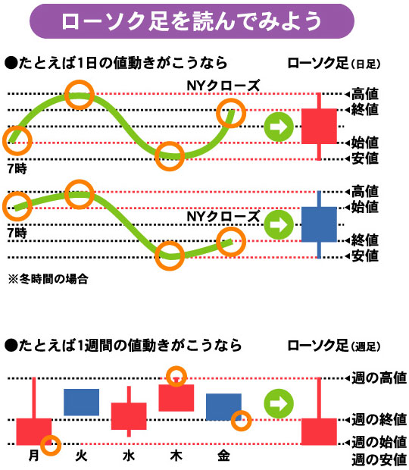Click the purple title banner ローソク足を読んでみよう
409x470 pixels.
click(x=192, y=21)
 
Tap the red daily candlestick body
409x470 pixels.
click(x=319, y=126)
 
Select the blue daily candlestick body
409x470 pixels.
click(x=319, y=224)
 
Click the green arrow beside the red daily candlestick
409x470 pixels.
click(x=279, y=127)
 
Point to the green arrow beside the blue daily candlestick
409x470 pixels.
click(x=279, y=225)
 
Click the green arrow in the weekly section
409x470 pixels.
click(x=279, y=403)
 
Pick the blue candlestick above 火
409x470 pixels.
click(x=82, y=403)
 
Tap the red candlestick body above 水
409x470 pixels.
click(x=129, y=416)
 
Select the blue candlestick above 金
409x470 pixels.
click(x=223, y=407)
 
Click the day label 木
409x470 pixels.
click(x=176, y=456)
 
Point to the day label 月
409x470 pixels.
click(x=33, y=456)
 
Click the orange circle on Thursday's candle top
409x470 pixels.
click(x=176, y=377)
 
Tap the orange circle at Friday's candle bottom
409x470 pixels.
click(x=242, y=420)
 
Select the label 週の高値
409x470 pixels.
click(x=379, y=378)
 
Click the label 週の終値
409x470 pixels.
click(x=379, y=420)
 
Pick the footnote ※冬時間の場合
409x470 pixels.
click(x=48, y=279)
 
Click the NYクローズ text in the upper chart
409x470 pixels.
click(x=223, y=86)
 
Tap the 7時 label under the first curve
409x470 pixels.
click(x=17, y=169)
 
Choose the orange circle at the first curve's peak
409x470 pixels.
click(x=80, y=95)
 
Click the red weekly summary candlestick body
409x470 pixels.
click(x=319, y=431)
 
